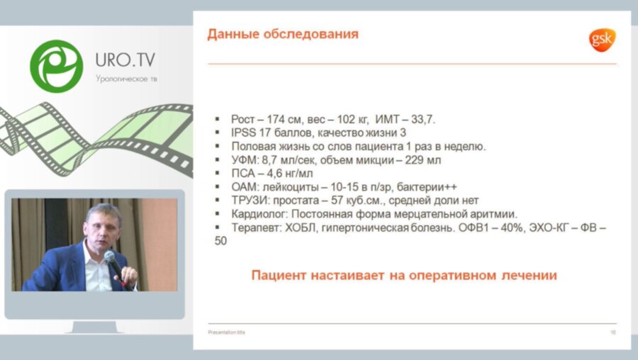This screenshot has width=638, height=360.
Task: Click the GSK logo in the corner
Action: coord(603,40)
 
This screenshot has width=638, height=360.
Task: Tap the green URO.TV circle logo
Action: coord(56,66)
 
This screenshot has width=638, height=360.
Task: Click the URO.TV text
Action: coord(126,60)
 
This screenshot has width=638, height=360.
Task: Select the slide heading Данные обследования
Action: coord(282,34)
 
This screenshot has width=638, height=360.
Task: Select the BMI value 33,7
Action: coord(413,120)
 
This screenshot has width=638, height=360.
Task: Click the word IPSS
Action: coord(245,133)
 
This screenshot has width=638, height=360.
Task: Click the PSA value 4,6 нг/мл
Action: coord(289,174)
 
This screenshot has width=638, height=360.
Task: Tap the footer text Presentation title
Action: coord(226,332)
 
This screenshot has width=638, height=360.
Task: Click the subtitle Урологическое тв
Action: coord(127,78)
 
